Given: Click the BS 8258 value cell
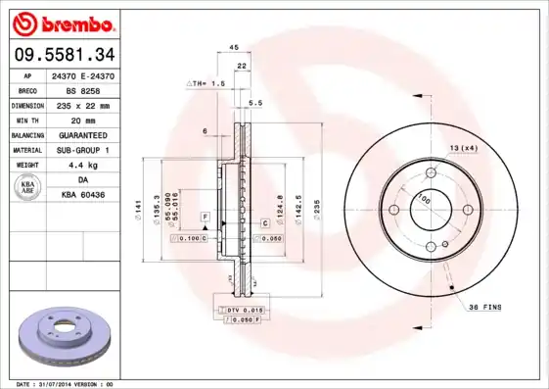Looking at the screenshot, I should pos(83,88).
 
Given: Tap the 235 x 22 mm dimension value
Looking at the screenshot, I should pos(83,104).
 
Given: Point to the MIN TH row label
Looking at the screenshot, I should pos(25,119).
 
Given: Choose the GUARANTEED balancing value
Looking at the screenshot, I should pos(83,134).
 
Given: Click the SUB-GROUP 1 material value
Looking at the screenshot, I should pos(83,150).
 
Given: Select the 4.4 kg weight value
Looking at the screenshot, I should pos(83,166).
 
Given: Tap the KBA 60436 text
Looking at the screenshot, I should pos(83,196).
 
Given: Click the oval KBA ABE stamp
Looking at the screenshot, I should pos(28,187).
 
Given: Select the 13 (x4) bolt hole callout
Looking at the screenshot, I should pos(464,147).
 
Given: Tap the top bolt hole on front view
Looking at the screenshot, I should pos(428,172).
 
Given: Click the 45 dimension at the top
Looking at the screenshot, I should pos(234,46).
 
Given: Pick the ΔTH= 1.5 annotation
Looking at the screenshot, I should pos(206,84).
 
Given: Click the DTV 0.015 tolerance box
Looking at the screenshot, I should pos(240,310).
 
